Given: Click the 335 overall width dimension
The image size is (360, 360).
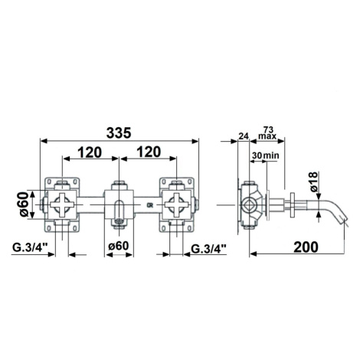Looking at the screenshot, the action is pos(119,133).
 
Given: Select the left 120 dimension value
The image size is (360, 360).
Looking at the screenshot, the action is pos(90,152).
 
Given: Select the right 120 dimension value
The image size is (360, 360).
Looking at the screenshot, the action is pos(149,152).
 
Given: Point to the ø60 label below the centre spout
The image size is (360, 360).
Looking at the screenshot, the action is pos(119,246).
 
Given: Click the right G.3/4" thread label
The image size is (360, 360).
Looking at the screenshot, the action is pos(209,248).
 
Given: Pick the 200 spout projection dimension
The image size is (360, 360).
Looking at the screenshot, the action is pos(306,247).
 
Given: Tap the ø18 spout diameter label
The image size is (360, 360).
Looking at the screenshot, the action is pos(314,182).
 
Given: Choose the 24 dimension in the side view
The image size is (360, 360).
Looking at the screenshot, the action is pos(244,136).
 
